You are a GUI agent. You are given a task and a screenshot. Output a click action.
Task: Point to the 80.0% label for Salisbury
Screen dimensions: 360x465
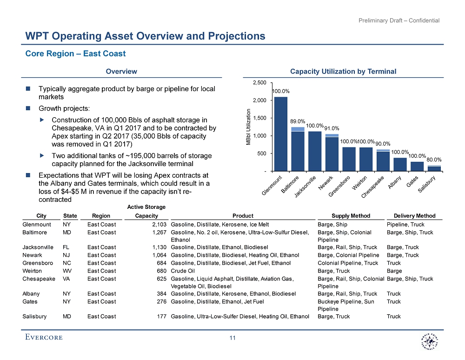tap(434, 160)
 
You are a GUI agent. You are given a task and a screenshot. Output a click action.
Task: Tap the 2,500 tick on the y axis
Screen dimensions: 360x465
tap(259, 83)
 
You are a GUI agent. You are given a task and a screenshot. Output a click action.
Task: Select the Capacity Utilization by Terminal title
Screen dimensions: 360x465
tap(343, 71)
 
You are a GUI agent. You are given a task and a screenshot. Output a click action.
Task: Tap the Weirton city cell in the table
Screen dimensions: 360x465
tap(32, 271)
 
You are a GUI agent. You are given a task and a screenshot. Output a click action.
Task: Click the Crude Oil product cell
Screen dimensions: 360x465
tap(182, 271)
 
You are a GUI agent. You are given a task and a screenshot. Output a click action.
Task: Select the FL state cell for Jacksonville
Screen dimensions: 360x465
tap(66, 247)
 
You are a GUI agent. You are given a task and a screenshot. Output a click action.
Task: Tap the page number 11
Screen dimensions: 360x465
tap(233, 338)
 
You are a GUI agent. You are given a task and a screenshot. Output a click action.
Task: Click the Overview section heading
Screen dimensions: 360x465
tap(121, 71)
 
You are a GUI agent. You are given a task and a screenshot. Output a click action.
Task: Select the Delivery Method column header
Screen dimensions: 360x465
tap(414, 216)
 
